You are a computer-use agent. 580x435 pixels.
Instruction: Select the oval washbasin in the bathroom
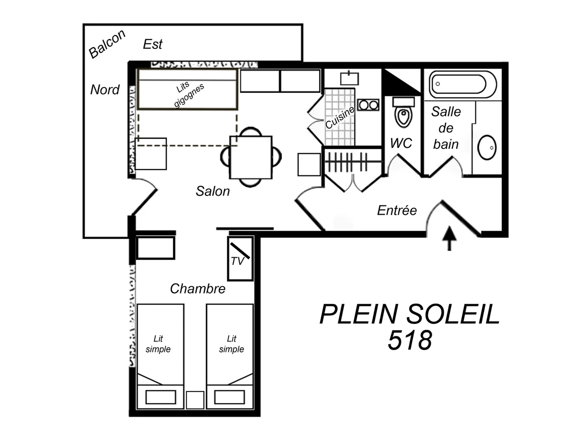(487, 147)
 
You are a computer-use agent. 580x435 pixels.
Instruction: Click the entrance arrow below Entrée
(449, 238)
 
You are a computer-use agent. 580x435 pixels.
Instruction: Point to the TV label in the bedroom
(237, 261)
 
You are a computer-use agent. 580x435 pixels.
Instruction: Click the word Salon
(213, 191)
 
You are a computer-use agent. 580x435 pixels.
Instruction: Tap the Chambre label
(198, 289)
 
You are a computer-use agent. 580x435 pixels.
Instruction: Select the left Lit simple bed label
(159, 344)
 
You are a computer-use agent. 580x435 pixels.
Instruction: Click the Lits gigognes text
(189, 95)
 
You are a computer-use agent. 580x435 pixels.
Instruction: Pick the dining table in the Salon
(250, 157)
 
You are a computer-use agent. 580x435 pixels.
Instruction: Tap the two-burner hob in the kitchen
(369, 105)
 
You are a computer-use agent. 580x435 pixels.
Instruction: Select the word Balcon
(107, 44)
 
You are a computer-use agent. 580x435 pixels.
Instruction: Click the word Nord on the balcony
(105, 89)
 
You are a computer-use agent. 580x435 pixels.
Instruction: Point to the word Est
(153, 44)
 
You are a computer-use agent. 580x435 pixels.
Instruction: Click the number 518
(409, 341)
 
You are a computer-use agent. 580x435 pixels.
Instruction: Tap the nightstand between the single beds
(195, 400)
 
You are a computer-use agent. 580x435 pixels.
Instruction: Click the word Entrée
(397, 210)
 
